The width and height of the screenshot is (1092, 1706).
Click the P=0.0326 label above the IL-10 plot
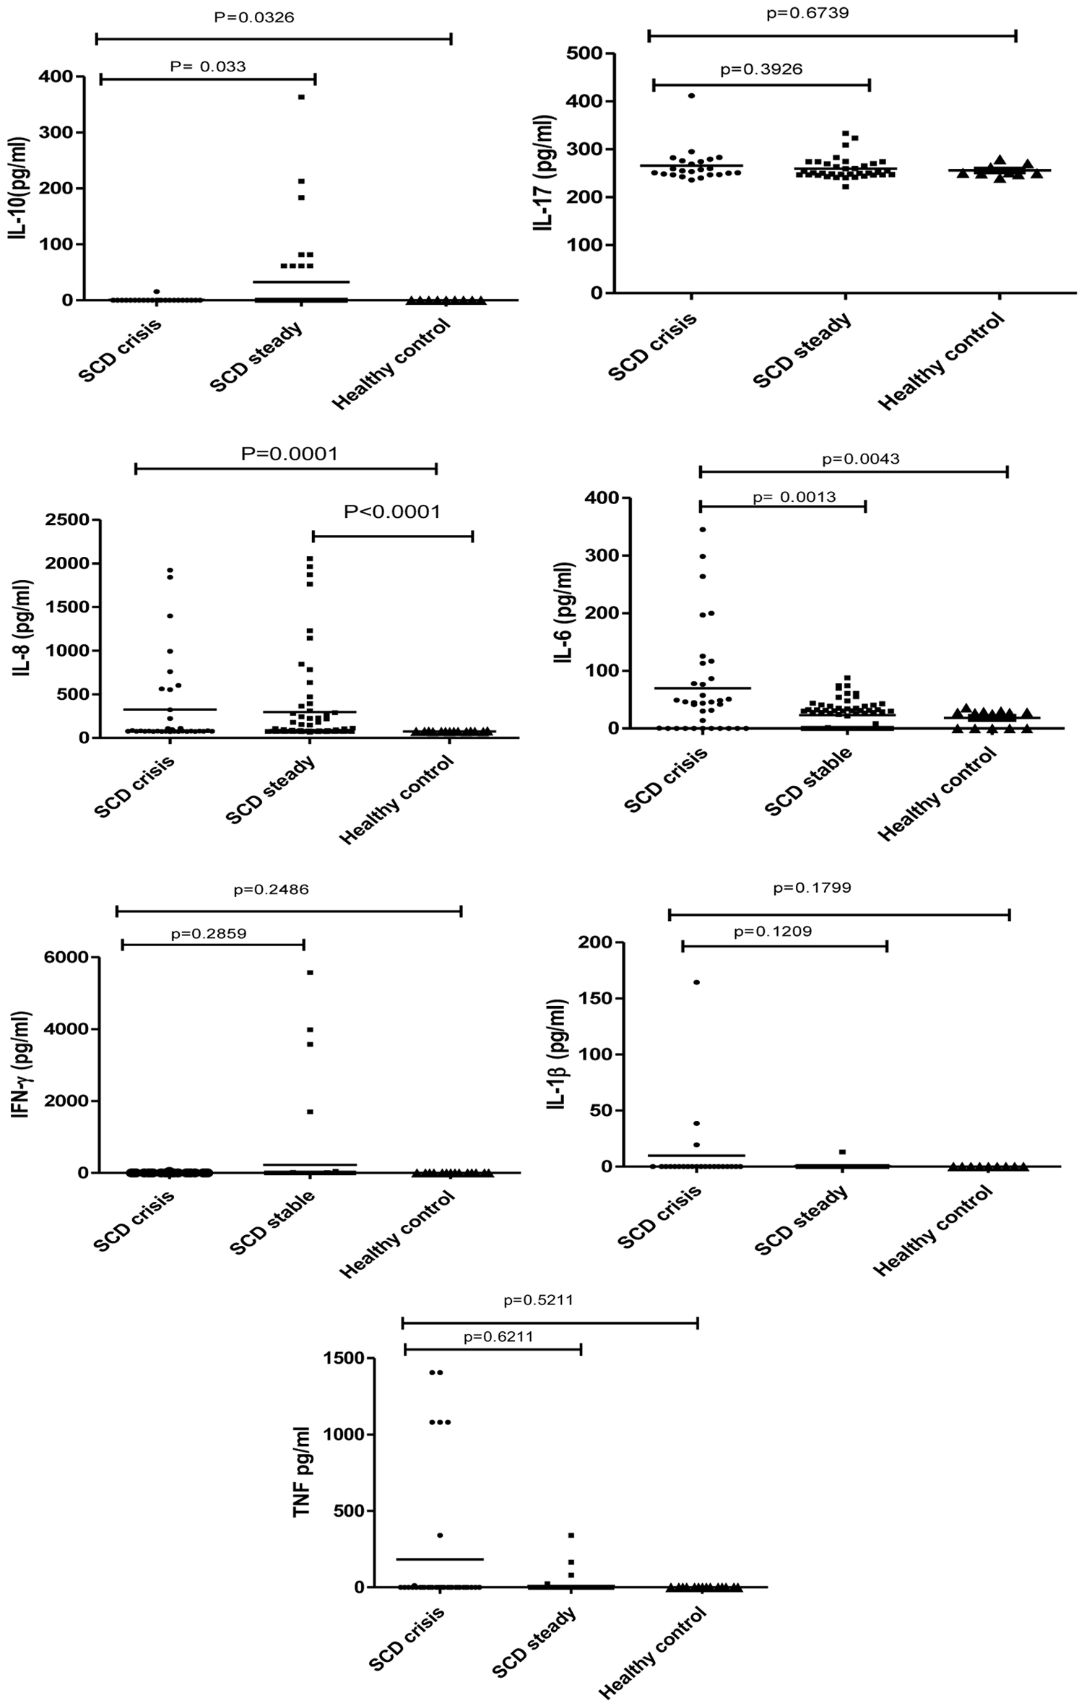coord(253,17)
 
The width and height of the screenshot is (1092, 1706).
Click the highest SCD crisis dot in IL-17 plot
coord(691,95)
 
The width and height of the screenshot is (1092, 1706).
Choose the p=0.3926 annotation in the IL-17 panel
coord(761,69)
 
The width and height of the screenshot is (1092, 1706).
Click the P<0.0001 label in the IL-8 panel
coord(391,511)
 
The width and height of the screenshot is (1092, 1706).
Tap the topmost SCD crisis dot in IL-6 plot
coord(702,529)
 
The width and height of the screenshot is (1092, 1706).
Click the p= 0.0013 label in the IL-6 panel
coord(794,497)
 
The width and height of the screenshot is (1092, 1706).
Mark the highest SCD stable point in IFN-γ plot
coord(310,973)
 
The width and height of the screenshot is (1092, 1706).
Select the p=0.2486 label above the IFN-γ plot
coord(271,889)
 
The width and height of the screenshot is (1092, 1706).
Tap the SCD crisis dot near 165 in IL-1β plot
coord(697,982)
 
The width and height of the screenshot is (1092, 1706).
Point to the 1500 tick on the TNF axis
coord(344,1359)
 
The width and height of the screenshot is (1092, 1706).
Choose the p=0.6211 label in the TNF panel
coord(498,1336)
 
